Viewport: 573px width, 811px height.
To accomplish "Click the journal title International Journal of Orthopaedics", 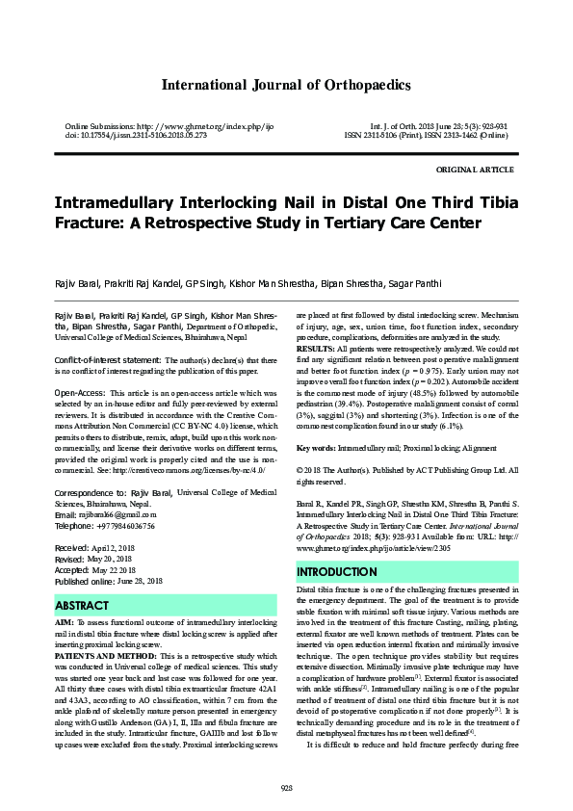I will pyautogui.click(x=286, y=86).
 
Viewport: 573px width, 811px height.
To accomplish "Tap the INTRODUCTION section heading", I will pyautogui.click(x=337, y=572).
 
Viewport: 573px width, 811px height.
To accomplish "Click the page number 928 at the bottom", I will pyautogui.click(x=286, y=788).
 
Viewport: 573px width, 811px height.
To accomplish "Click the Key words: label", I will pyautogui.click(x=319, y=448).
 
